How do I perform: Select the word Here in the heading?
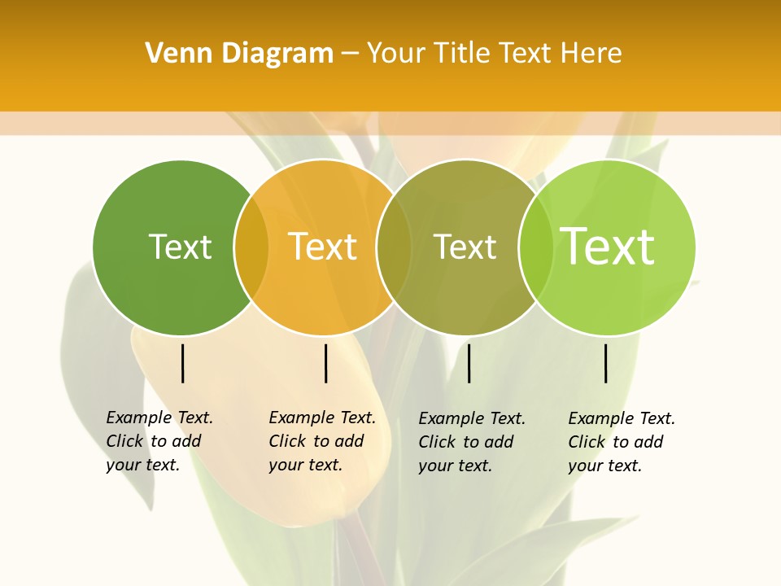pyautogui.click(x=593, y=54)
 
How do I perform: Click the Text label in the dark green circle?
pyautogui.click(x=180, y=247)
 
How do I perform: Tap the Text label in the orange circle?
pyautogui.click(x=323, y=247)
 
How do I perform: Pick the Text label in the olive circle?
pyautogui.click(x=465, y=247)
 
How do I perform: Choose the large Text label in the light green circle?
pyautogui.click(x=608, y=247)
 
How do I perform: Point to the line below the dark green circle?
pyautogui.click(x=182, y=363)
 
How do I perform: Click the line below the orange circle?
pyautogui.click(x=325, y=363)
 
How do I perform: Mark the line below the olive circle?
pyautogui.click(x=469, y=363)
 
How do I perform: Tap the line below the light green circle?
pyautogui.click(x=605, y=363)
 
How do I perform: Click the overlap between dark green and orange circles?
pyautogui.click(x=251, y=247)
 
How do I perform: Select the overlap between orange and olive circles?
pyautogui.click(x=394, y=247)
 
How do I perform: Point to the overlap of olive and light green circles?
pyautogui.click(x=535, y=247)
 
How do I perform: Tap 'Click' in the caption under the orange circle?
pyautogui.click(x=286, y=441)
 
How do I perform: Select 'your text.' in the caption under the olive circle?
pyautogui.click(x=456, y=466)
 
